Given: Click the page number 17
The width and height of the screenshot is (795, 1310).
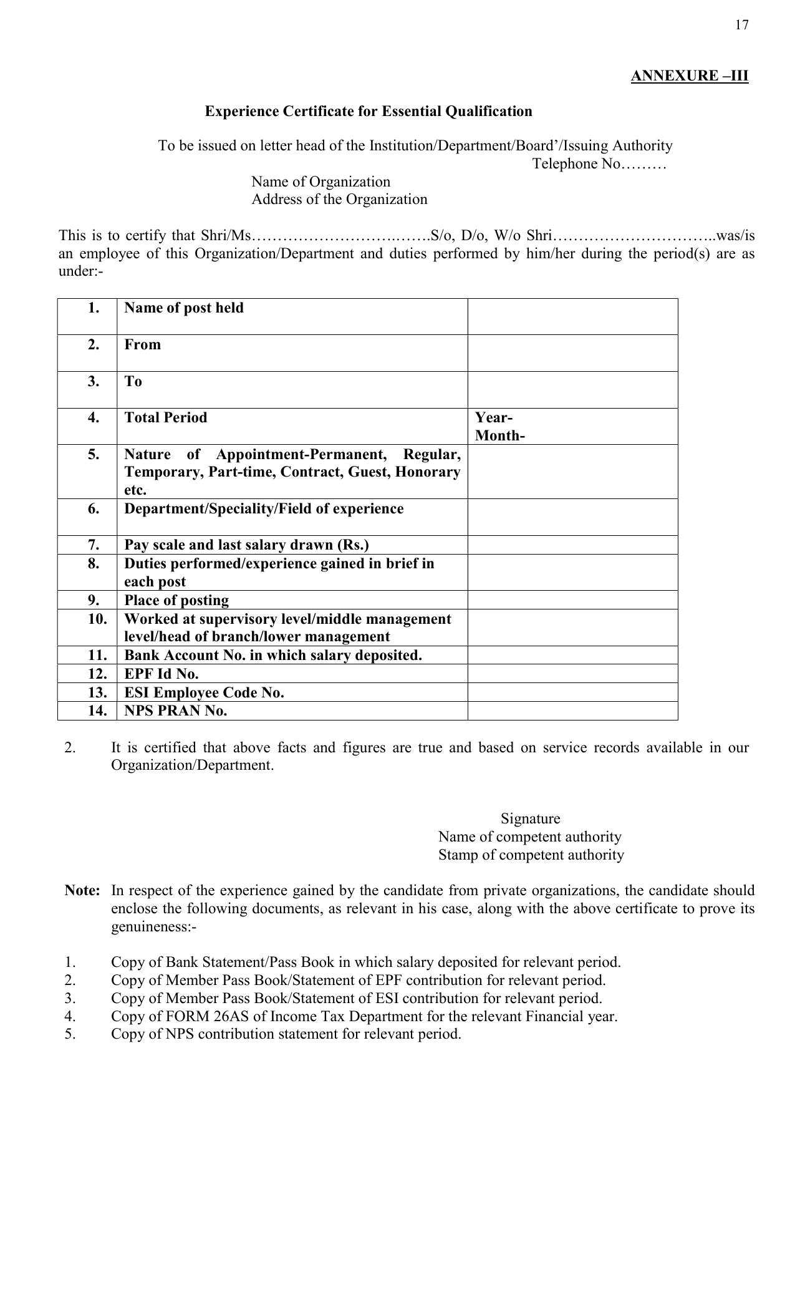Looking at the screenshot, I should pyautogui.click(x=741, y=25).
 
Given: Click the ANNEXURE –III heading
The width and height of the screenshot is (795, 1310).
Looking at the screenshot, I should pyautogui.click(x=689, y=76).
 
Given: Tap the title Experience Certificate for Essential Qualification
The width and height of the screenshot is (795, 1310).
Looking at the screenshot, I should pyautogui.click(x=369, y=112).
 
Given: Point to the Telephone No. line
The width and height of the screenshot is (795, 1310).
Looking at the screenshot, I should pyautogui.click(x=599, y=164).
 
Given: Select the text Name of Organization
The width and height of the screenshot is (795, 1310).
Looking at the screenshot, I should pyautogui.click(x=320, y=182).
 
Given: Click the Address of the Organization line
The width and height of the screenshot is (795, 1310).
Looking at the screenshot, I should pyautogui.click(x=339, y=200).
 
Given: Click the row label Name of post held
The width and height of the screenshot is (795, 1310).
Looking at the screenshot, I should pyautogui.click(x=184, y=308).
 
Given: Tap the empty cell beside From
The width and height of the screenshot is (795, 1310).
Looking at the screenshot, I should pyautogui.click(x=572, y=353).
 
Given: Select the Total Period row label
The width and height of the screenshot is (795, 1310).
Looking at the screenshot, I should pyautogui.click(x=166, y=418).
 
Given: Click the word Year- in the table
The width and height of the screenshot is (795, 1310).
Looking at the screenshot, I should pyautogui.click(x=494, y=418).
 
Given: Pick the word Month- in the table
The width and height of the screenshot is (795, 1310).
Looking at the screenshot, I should pyautogui.click(x=499, y=436).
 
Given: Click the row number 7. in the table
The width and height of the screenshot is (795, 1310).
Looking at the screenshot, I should pyautogui.click(x=94, y=545).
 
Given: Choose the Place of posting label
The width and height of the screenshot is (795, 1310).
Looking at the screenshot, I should pyautogui.click(x=176, y=601).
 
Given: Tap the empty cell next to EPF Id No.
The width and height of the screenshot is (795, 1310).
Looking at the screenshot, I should pyautogui.click(x=572, y=674).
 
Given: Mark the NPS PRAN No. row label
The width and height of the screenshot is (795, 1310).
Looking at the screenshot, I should pyautogui.click(x=176, y=711).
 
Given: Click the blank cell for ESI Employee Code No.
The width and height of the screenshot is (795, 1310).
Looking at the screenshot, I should pyautogui.click(x=572, y=692).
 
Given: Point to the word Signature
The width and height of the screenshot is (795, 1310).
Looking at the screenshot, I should pyautogui.click(x=530, y=819).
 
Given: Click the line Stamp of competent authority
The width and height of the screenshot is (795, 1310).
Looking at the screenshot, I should pyautogui.click(x=531, y=855).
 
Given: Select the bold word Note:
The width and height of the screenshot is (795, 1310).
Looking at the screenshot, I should pyautogui.click(x=82, y=891).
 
